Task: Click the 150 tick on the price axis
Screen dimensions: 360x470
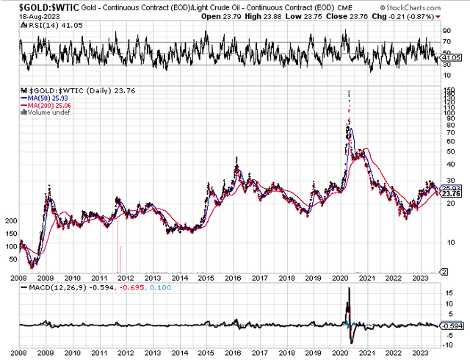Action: click(445, 90)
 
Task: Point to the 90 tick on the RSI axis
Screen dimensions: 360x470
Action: click(445, 31)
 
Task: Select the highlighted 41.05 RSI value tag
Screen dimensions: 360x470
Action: click(450, 57)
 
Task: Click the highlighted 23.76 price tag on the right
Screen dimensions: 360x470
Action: click(450, 194)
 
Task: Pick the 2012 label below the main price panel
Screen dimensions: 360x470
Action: click(126, 278)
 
